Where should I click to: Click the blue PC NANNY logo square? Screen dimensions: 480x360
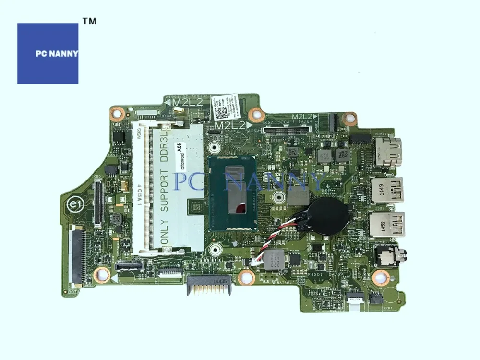pyautogui.click(x=48, y=53)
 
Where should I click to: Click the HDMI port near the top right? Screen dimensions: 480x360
pyautogui.click(x=387, y=150)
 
